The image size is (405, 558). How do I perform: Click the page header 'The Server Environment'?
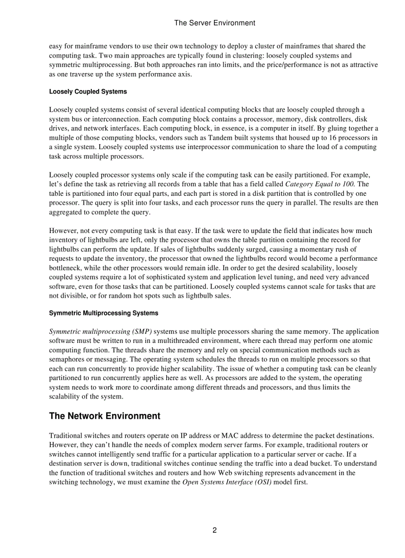[215, 23]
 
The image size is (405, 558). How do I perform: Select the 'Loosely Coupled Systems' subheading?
[88, 92]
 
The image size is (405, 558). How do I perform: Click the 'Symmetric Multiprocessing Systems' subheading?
[104, 313]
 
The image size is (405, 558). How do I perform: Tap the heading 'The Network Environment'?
[105, 416]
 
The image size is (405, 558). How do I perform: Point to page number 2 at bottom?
[214, 530]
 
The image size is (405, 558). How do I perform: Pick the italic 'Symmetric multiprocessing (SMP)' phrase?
[101, 331]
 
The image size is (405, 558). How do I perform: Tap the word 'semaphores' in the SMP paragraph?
[67, 359]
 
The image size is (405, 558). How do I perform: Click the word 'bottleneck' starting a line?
[66, 268]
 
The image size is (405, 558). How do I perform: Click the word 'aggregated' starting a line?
[66, 212]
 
